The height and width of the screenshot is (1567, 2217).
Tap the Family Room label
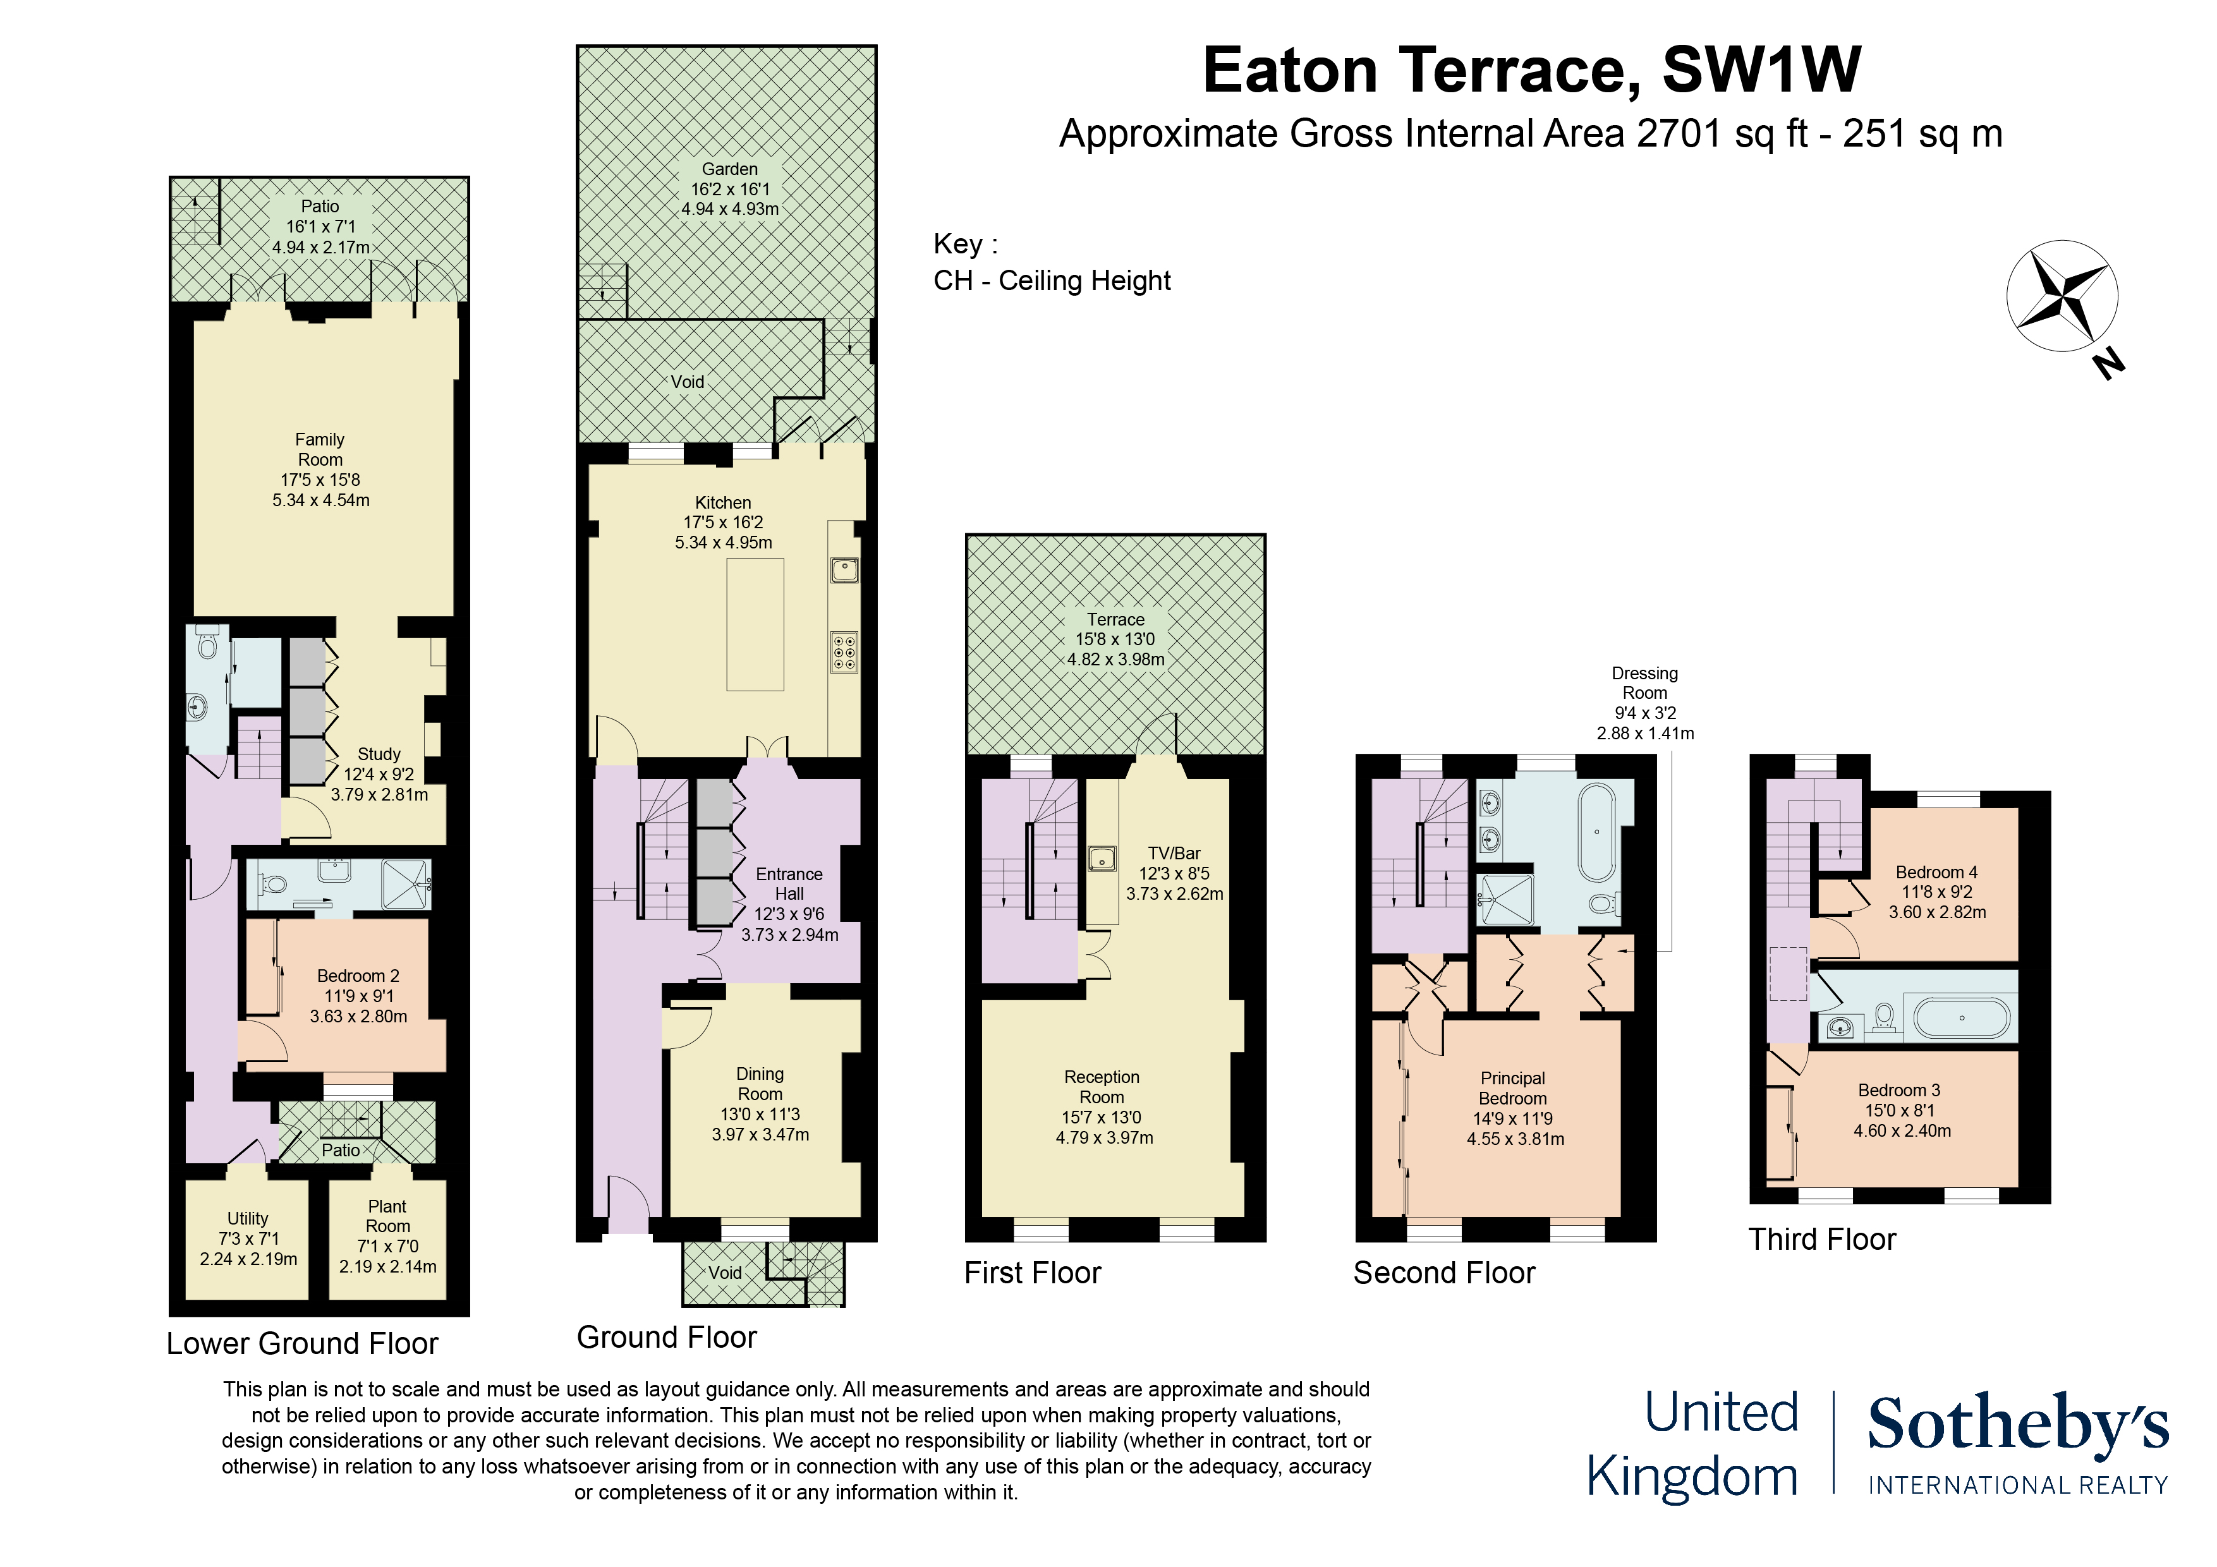pyautogui.click(x=320, y=450)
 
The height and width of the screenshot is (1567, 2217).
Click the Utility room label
pyautogui.click(x=248, y=1218)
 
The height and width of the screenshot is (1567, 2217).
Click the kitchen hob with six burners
pyautogui.click(x=844, y=651)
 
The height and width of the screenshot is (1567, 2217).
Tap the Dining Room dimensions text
pyautogui.click(x=760, y=1125)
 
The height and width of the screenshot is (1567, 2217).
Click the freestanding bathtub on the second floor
pyautogui.click(x=1597, y=832)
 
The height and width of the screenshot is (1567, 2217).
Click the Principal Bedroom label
pyautogui.click(x=1513, y=1088)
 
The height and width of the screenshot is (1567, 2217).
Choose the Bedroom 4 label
pyautogui.click(x=1936, y=872)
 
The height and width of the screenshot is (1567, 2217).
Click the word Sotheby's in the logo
pyautogui.click(x=2017, y=1424)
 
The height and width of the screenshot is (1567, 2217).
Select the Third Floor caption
pyautogui.click(x=1822, y=1240)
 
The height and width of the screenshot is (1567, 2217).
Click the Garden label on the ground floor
pyautogui.click(x=729, y=169)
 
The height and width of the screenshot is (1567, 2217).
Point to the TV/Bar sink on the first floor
pyautogui.click(x=1101, y=857)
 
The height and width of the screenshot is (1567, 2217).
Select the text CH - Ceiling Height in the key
pyautogui.click(x=1052, y=281)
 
